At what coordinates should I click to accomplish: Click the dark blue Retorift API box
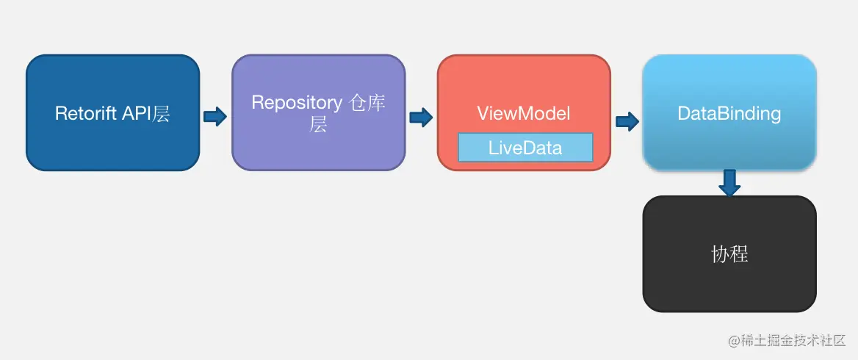point(112,112)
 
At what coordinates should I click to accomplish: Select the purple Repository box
point(319,112)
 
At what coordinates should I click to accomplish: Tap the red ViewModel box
point(524,112)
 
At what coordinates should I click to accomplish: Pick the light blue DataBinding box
point(729,112)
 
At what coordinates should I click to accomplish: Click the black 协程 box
point(729,254)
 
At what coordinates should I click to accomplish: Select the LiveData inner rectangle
point(525,148)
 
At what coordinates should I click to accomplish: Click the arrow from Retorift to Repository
point(215,117)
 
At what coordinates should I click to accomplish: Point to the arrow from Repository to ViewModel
point(421,117)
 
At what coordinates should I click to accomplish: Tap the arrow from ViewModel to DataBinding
point(627,121)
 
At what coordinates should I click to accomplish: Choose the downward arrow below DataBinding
point(729,183)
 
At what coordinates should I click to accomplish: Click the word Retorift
point(84,114)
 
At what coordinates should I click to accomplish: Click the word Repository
point(297,103)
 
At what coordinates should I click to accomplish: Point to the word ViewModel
point(524,113)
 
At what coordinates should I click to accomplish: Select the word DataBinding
point(729,114)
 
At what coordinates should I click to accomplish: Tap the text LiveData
point(525,148)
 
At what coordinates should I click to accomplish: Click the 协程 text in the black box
point(730,254)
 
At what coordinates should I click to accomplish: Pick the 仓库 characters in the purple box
point(367,103)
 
